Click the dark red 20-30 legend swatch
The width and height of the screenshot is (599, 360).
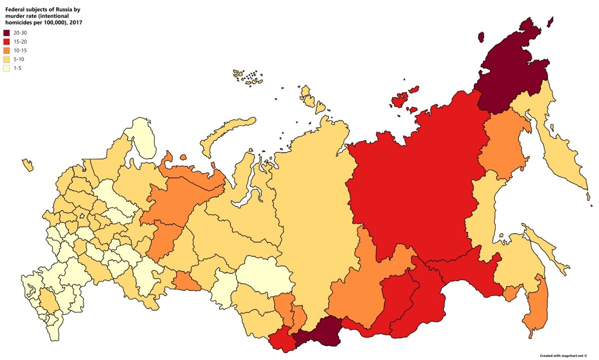6,32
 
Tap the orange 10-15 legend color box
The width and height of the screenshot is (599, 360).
6,50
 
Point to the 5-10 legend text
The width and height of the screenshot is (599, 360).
19,59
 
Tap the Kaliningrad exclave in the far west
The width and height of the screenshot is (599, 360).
27,165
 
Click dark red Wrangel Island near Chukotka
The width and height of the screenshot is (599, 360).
481,37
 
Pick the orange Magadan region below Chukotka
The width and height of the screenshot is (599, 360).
504,145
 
